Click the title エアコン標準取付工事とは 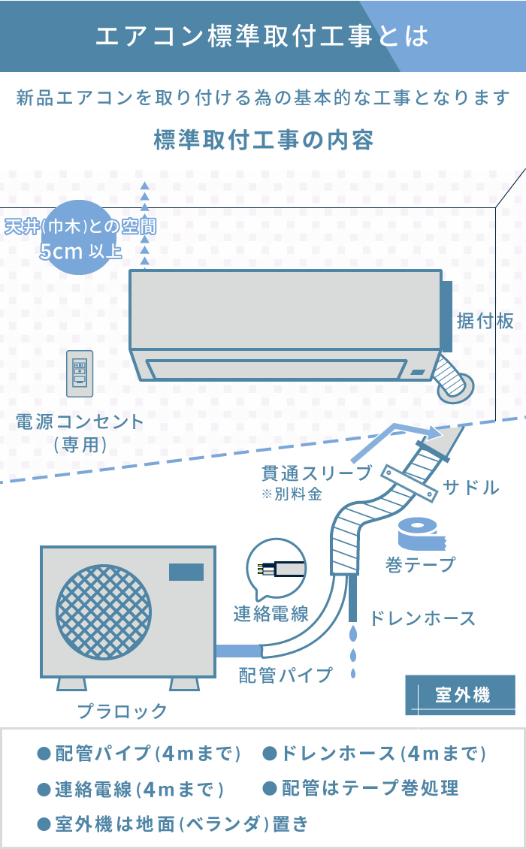262,36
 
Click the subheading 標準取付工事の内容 262,140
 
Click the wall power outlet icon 80,373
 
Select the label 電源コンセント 80,421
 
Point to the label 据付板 485,322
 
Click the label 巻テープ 421,564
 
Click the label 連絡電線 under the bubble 271,614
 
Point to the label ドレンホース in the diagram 422,619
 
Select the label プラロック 122,711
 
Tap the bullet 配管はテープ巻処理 361,788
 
